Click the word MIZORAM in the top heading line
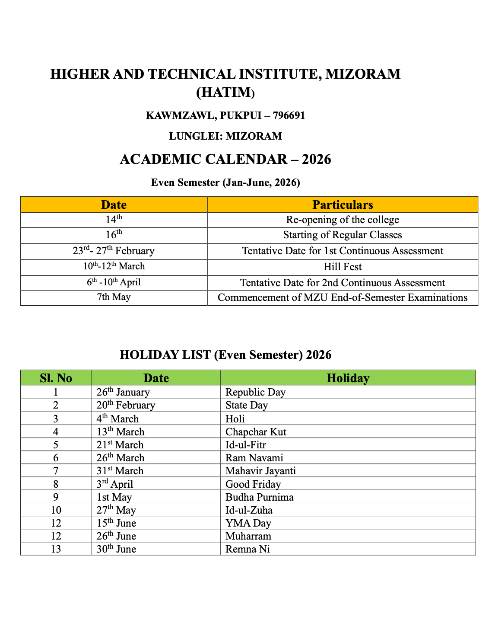pos(362,74)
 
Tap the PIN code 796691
pos(289,115)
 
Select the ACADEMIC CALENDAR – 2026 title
pos(225,159)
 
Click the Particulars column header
pos(343,204)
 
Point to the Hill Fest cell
pos(343,267)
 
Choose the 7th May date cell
pos(114,297)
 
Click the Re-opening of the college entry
pos(343,220)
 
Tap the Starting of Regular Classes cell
pos(343,235)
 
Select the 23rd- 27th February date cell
pos(114,251)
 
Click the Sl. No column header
pos(56,378)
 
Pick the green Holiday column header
pos(348,378)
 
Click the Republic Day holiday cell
pos(256,392)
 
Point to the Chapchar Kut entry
pos(256,432)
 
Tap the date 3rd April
pos(115,484)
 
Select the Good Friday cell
pos(253,484)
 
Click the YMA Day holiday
pos(248,523)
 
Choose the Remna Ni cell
pos(247,549)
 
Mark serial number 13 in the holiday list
pos(56,549)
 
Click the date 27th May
pos(116,510)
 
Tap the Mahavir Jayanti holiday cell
pos(260,471)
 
